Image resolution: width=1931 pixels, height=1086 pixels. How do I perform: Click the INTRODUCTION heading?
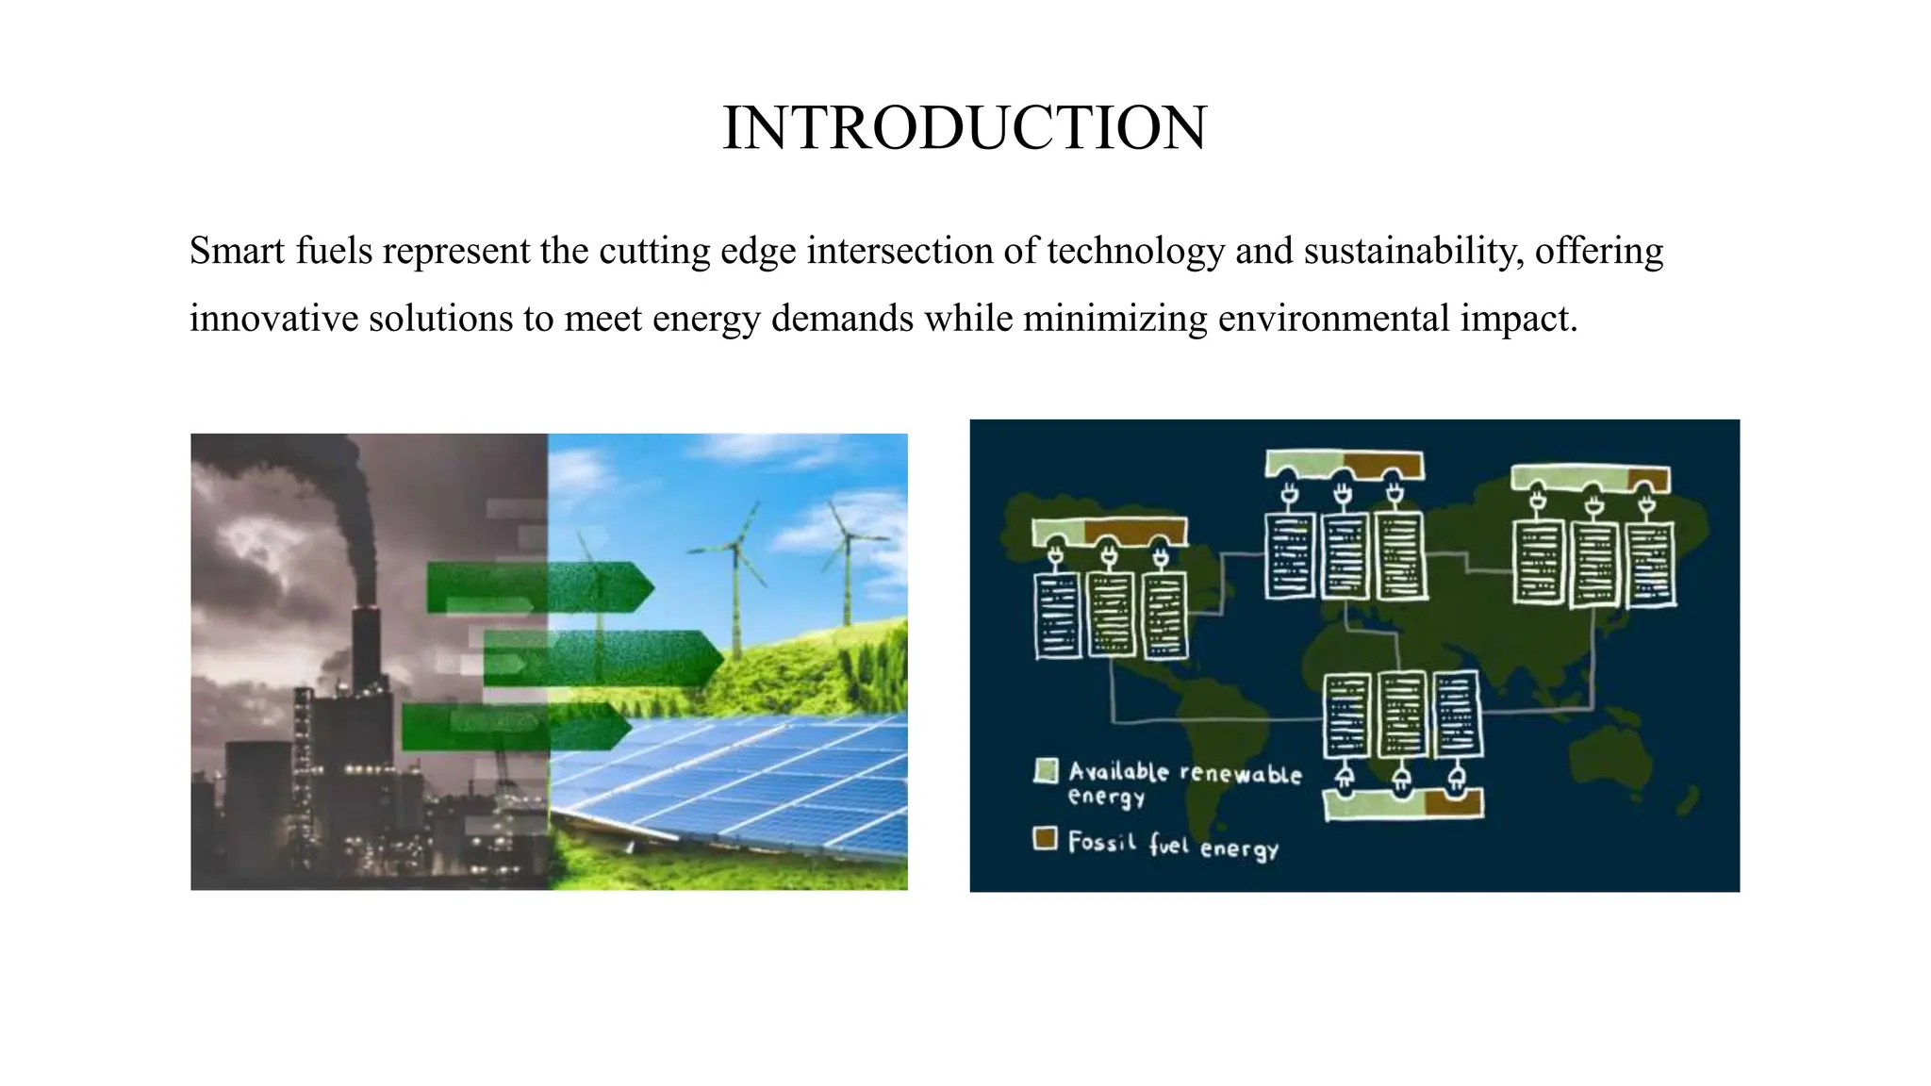pos(964,128)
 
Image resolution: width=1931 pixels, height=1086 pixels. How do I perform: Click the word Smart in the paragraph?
pos(232,252)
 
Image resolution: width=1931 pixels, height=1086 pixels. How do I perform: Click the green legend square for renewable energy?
pos(1046,772)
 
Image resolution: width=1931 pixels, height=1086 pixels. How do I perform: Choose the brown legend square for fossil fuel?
pos(1045,838)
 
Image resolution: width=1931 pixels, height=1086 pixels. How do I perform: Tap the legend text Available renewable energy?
pos(1183,783)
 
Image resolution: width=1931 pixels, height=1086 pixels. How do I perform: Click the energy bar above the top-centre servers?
pos(1345,465)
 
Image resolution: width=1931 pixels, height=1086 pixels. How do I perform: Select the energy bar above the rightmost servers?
pos(1591,478)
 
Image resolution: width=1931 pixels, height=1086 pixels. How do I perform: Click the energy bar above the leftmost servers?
pos(1109,532)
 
